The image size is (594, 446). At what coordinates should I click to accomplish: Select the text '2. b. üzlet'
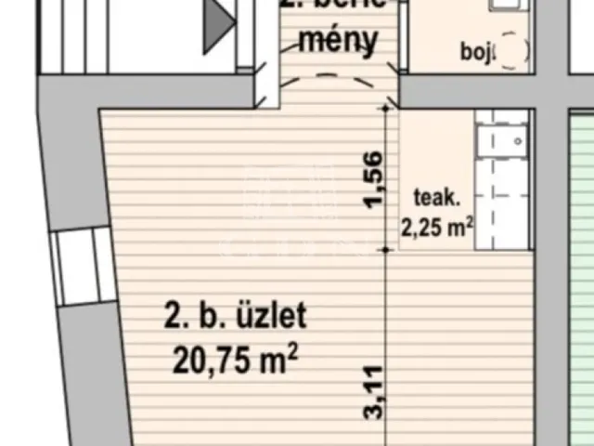[235, 316]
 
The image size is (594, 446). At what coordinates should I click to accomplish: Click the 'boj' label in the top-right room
[475, 51]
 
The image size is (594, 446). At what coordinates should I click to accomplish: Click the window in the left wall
[78, 269]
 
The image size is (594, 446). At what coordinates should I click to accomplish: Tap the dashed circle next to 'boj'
[513, 51]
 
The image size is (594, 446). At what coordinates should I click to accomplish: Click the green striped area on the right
[580, 279]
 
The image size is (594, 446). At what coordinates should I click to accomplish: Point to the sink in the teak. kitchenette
[497, 141]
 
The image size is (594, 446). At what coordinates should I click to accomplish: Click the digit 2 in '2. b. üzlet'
[172, 316]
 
